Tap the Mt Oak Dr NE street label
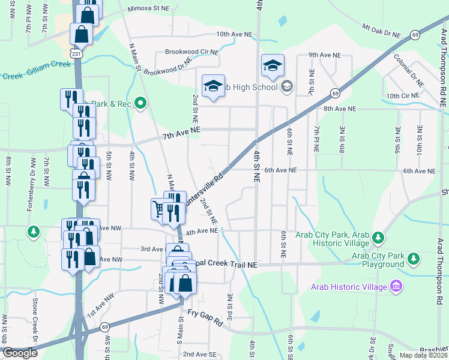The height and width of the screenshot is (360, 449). click(x=381, y=31)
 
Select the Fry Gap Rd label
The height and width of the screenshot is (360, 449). click(x=205, y=318)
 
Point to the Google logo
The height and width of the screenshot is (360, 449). click(x=20, y=353)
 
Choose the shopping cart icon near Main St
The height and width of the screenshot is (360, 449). click(x=158, y=208)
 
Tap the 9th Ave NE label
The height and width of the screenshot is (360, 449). click(x=325, y=55)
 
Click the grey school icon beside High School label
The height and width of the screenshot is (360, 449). click(x=286, y=87)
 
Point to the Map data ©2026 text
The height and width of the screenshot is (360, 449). click(x=423, y=355)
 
